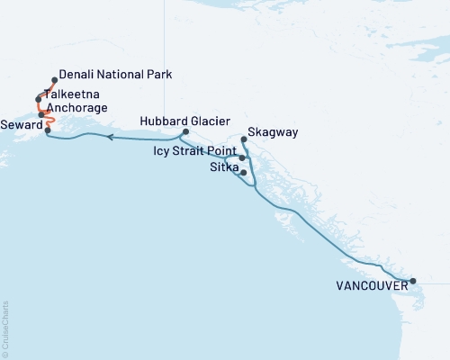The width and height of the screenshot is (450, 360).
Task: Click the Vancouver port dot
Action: tap(412, 282)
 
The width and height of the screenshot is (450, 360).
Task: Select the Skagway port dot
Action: tap(245, 139)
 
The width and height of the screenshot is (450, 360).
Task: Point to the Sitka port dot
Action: tap(244, 171)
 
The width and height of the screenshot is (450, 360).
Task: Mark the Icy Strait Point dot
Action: tap(242, 157)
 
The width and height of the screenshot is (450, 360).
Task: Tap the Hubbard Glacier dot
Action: tap(184, 132)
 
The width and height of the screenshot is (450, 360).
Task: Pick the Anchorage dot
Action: tap(41, 114)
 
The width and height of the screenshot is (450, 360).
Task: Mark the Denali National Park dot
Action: tap(55, 79)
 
